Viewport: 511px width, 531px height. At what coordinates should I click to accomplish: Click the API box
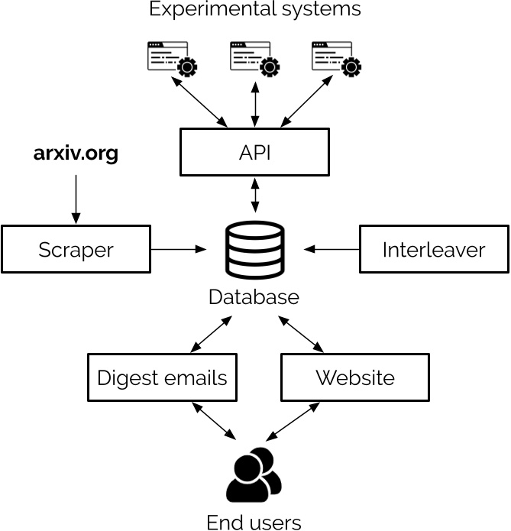pos(254,151)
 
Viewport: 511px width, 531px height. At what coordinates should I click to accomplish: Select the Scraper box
pos(76,249)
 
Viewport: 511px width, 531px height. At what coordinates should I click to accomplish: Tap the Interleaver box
pos(433,249)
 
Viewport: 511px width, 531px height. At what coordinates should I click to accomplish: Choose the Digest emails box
pos(162,377)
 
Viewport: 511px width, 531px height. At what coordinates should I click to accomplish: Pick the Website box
pos(354,377)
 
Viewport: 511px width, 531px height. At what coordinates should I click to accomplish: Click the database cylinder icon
pos(254,250)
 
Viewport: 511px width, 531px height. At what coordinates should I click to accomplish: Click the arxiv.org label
pos(76,154)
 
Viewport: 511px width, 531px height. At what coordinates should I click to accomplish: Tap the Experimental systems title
pos(254,10)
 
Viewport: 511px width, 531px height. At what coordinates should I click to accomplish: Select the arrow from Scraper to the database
pos(179,249)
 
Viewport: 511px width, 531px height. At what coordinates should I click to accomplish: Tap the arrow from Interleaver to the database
pos(332,249)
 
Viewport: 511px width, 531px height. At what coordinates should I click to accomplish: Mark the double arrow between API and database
pos(254,195)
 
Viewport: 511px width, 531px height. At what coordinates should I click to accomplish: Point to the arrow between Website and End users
pos(293,421)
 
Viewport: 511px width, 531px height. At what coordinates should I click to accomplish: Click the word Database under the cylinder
pos(254,296)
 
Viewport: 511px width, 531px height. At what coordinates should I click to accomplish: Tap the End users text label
pos(254,522)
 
